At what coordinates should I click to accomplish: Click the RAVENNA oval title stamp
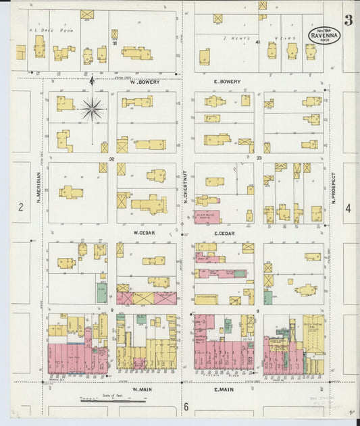click(324, 36)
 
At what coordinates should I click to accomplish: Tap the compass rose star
click(92, 108)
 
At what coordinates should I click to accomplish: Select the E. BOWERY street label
click(226, 82)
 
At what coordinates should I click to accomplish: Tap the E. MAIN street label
click(224, 390)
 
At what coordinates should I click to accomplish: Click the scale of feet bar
click(112, 400)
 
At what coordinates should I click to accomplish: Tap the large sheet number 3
click(347, 21)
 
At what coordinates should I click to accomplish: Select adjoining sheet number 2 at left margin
click(21, 208)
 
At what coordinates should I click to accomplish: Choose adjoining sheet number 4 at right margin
click(348, 208)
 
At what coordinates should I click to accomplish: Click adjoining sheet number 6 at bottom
click(185, 407)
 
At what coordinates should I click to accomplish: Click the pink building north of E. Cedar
click(207, 216)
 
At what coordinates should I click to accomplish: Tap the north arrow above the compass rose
click(92, 81)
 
